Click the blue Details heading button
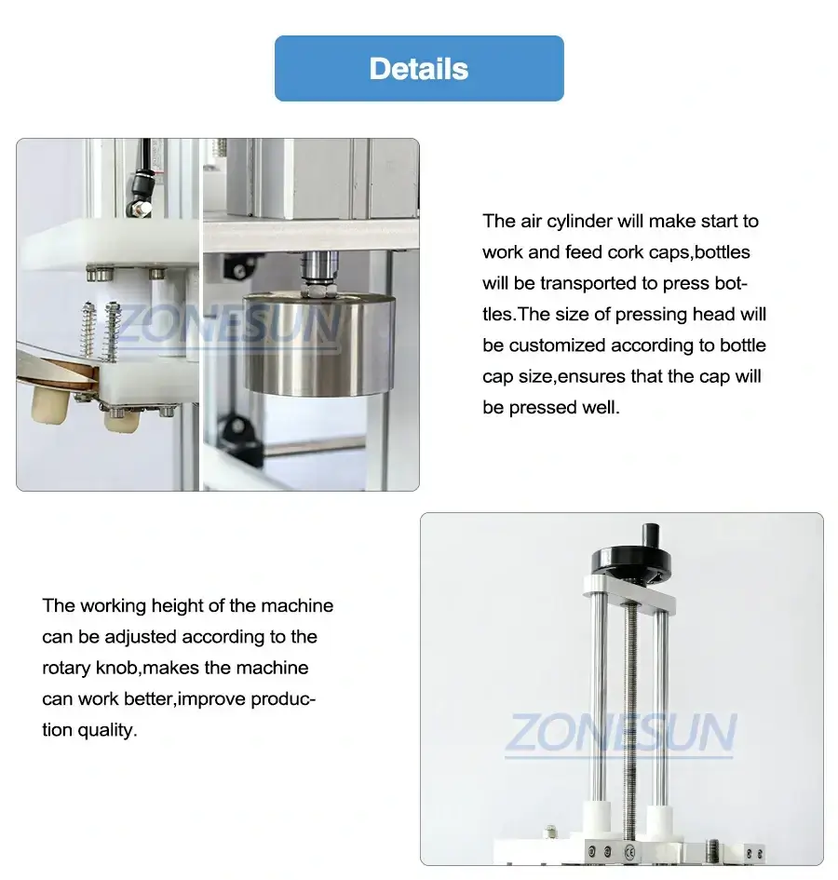(419, 68)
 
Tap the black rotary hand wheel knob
(623, 562)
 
